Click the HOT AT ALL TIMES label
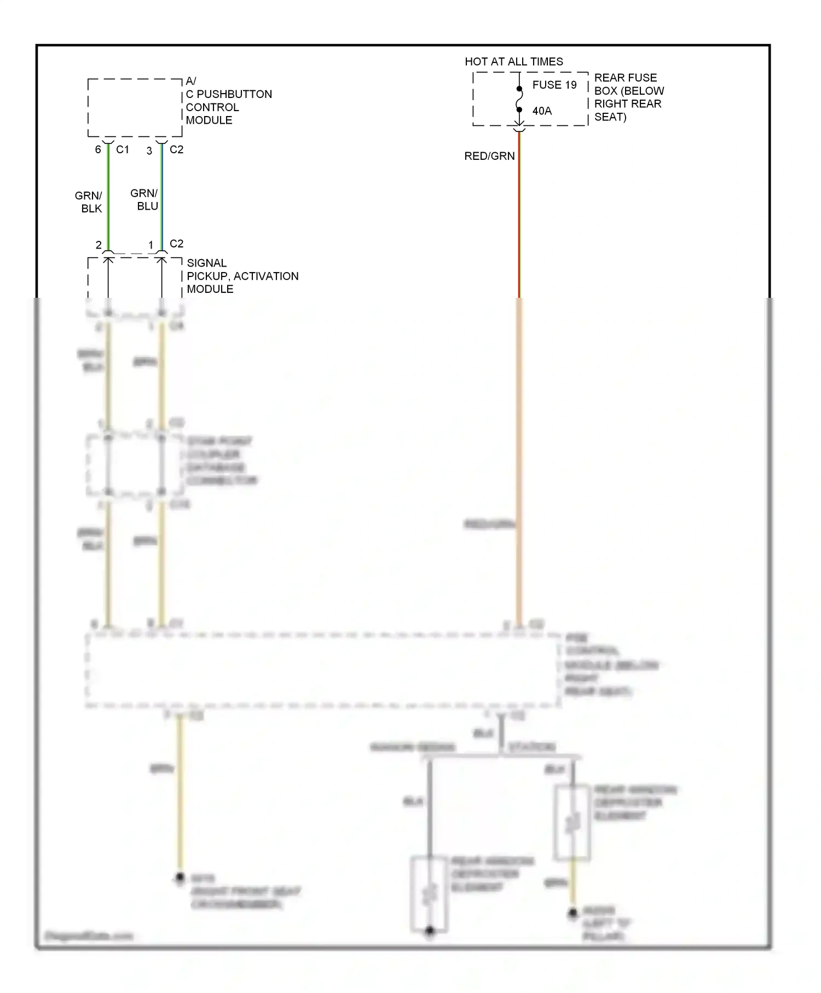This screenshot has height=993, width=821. click(x=513, y=61)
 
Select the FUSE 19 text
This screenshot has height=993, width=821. click(x=554, y=85)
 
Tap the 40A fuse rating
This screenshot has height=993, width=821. click(x=542, y=111)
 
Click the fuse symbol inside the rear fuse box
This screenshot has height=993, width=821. click(x=519, y=99)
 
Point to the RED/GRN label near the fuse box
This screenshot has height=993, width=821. click(x=489, y=156)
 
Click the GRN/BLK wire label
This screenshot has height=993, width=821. click(x=89, y=202)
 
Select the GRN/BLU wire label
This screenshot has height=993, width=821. click(x=144, y=200)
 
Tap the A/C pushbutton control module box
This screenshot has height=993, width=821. click(x=135, y=108)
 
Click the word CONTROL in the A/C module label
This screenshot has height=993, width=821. click(x=212, y=107)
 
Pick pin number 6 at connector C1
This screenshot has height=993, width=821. click(x=98, y=149)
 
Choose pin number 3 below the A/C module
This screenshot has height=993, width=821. click(x=149, y=151)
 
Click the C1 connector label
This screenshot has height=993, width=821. click(x=123, y=149)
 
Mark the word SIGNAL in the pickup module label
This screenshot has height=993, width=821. click(x=206, y=263)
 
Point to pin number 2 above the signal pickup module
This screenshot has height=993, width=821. click(x=99, y=245)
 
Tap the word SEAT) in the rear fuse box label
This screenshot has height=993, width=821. click(x=610, y=117)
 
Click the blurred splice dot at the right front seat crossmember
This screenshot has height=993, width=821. click(x=180, y=878)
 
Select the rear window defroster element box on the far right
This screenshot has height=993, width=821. click(x=572, y=823)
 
